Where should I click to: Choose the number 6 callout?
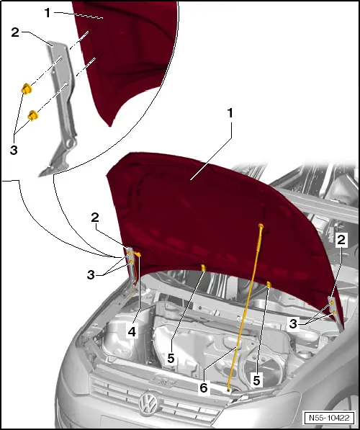pyautogui.click(x=204, y=388)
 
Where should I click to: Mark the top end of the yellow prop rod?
pyautogui.click(x=261, y=227)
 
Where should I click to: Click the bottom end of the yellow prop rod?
pyautogui.click(x=230, y=389)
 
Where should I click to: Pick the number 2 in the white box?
pyautogui.click(x=342, y=239)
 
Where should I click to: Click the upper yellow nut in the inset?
pyautogui.click(x=27, y=88)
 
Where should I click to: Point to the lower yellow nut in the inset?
pyautogui.click(x=33, y=114)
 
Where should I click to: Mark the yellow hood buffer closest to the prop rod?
pyautogui.click(x=267, y=284)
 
